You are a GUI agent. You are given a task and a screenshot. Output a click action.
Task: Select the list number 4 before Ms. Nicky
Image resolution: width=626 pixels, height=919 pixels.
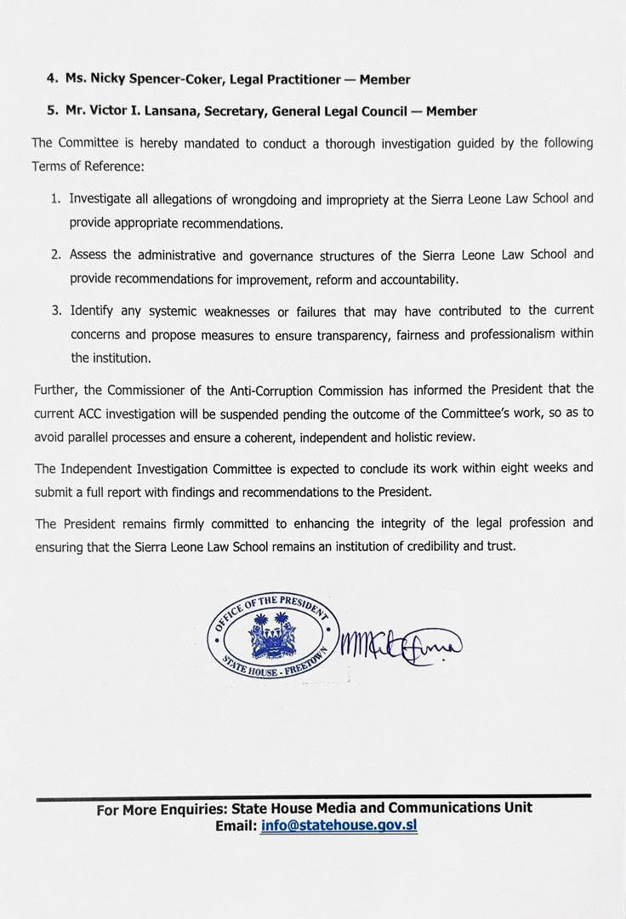click(51, 79)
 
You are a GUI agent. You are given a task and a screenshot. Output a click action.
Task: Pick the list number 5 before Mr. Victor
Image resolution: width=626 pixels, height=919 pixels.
click(51, 111)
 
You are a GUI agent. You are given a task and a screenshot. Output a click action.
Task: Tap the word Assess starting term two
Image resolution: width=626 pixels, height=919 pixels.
click(90, 254)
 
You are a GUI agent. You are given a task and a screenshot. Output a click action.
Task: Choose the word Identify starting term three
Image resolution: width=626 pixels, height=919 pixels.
click(94, 311)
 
